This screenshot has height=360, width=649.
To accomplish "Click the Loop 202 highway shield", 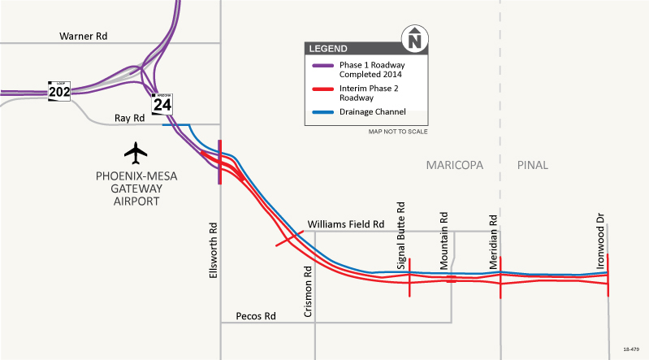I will point(59,91).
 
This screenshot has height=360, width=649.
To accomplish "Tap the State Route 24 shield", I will point(162,102).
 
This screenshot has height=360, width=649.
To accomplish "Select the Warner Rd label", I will point(83,37).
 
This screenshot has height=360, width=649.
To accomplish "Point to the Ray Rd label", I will point(128,118).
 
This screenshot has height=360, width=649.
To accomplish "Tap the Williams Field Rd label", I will point(345,224).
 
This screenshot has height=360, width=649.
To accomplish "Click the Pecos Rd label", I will point(256,315).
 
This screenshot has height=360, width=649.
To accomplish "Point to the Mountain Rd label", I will point(444,241).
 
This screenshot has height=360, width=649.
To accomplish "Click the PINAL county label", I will point(532,165).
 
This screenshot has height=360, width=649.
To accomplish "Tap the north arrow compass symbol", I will point(415,38).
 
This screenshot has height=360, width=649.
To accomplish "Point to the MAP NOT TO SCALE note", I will point(398,131).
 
